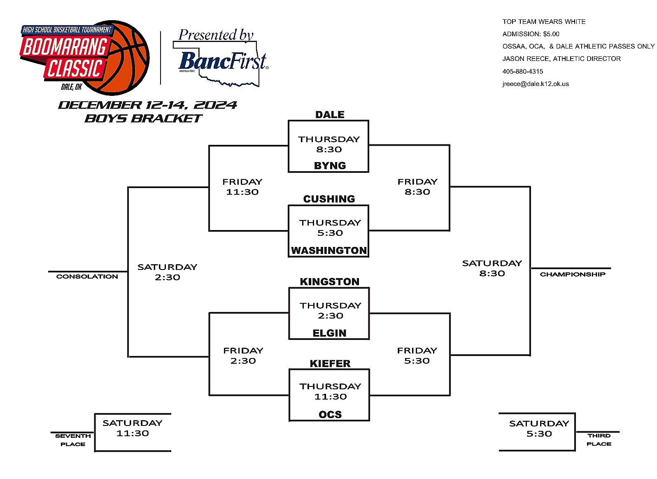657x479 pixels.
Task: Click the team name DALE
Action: click(x=330, y=115)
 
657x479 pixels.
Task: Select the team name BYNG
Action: click(x=330, y=165)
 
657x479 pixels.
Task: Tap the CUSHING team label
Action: click(x=329, y=199)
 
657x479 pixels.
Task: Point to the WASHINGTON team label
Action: click(x=328, y=250)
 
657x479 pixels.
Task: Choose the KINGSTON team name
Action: click(x=329, y=282)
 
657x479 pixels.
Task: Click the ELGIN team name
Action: click(x=329, y=333)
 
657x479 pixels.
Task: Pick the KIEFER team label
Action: click(x=330, y=364)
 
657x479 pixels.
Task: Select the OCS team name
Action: click(x=330, y=414)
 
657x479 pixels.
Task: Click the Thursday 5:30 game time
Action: click(x=330, y=228)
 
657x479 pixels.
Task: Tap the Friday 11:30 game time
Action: click(x=242, y=187)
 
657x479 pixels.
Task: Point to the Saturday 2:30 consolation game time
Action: click(x=167, y=272)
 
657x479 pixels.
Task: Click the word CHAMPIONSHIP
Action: click(x=572, y=274)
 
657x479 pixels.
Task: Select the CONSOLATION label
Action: click(x=87, y=277)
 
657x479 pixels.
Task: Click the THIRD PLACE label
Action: click(x=599, y=439)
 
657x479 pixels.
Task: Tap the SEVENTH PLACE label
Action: click(x=73, y=440)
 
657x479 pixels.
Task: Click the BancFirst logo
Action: click(x=223, y=61)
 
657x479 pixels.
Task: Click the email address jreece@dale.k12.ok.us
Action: click(x=535, y=84)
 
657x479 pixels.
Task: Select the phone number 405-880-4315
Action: click(x=522, y=72)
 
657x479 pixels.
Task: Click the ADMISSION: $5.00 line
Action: click(x=531, y=34)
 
